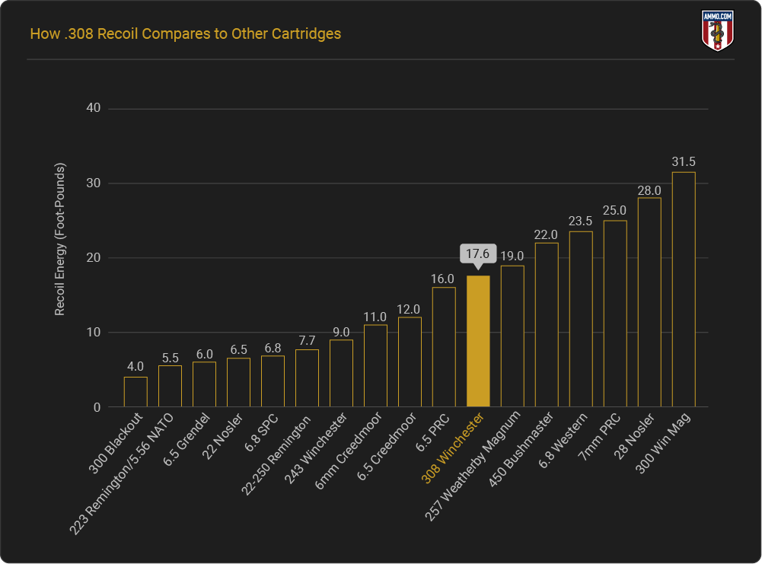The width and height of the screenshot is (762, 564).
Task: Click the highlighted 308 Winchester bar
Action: [x=478, y=341]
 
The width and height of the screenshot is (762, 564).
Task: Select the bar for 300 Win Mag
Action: [x=684, y=289]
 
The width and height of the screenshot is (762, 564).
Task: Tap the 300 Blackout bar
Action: [x=136, y=392]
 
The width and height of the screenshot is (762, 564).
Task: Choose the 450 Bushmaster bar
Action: [x=547, y=325]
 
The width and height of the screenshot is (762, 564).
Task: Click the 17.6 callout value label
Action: [x=478, y=253]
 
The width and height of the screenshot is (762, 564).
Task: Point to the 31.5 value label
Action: [x=684, y=161]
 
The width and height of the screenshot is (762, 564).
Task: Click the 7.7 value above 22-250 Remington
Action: [x=307, y=339]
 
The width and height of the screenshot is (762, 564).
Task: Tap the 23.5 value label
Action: [x=581, y=221]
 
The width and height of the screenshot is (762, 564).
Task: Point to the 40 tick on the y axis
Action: [x=94, y=109]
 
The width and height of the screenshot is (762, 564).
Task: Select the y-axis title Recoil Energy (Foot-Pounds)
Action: [x=60, y=240]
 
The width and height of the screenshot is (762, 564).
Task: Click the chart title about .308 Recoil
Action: [x=185, y=34]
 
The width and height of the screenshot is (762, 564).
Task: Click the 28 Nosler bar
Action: [x=649, y=302]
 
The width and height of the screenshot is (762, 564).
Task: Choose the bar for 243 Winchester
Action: [x=341, y=373]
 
